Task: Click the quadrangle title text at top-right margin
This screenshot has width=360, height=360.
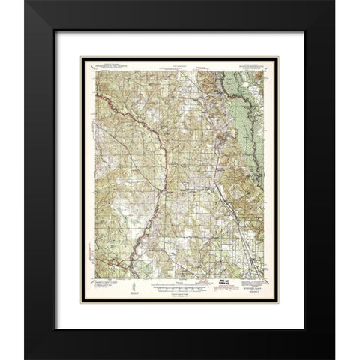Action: pyautogui.click(x=254, y=66)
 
